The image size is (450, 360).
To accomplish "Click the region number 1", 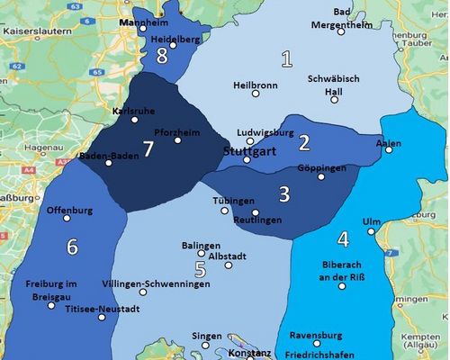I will [x=287, y=60].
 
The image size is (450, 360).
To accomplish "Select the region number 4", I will [x=342, y=239].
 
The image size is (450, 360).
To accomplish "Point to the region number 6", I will [x=72, y=246].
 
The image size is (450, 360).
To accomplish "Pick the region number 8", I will [x=162, y=56].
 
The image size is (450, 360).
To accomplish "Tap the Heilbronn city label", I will [x=256, y=85].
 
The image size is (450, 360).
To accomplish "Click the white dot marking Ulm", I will [x=371, y=232].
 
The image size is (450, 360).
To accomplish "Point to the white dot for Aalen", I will [x=389, y=149].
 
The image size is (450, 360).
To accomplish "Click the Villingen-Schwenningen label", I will [x=157, y=283].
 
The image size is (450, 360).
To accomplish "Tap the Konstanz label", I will [x=247, y=354].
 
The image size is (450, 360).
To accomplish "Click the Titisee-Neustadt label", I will [x=103, y=309].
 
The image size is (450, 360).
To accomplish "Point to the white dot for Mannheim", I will [x=142, y=28].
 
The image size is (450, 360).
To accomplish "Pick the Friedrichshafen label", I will [x=321, y=354].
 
